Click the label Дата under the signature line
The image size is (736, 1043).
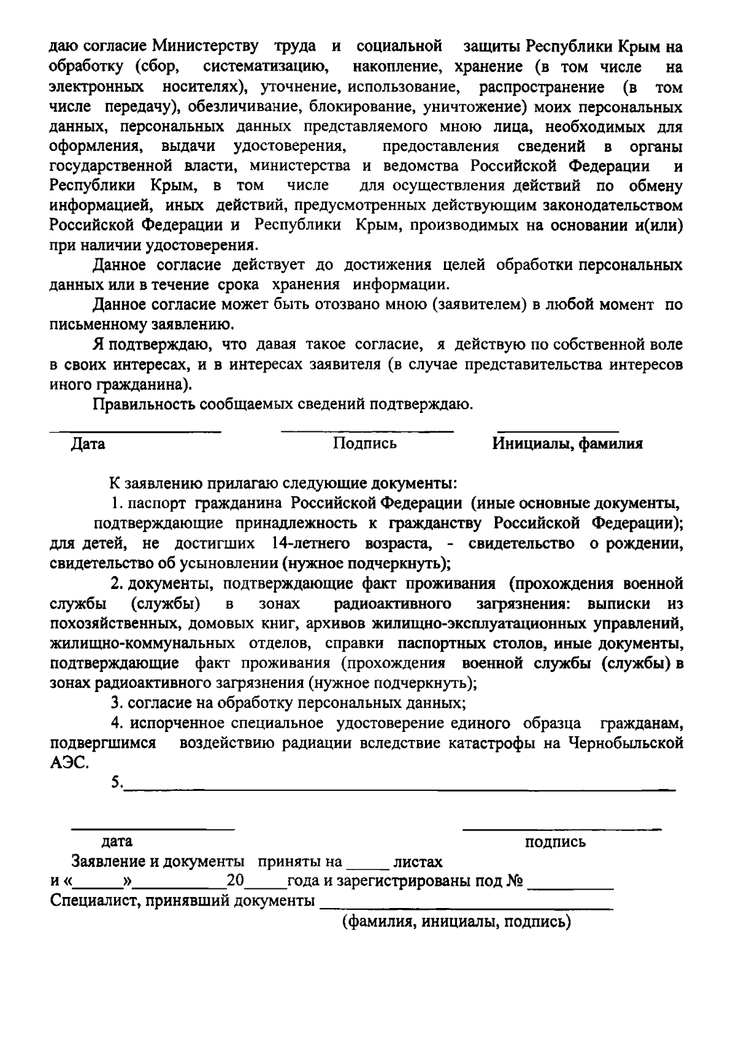tap(88, 444)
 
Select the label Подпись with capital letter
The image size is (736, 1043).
tap(365, 443)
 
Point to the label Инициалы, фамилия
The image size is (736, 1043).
tap(567, 444)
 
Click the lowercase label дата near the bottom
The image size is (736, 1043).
tap(117, 842)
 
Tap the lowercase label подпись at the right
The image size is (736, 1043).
tap(556, 842)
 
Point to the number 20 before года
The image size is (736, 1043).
tap(236, 882)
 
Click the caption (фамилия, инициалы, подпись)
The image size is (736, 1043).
tap(456, 922)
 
